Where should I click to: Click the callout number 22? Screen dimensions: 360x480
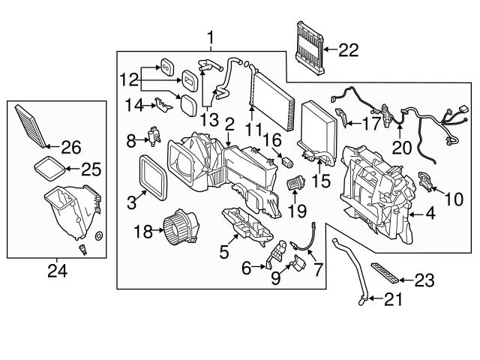348,50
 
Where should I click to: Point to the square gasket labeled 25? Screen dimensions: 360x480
49,169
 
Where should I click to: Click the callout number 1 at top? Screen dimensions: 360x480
211,37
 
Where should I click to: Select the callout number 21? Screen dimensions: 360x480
393,301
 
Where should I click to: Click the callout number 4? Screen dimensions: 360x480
430,214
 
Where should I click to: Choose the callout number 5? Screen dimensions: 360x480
223,253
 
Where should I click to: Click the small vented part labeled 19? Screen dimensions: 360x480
297,181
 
